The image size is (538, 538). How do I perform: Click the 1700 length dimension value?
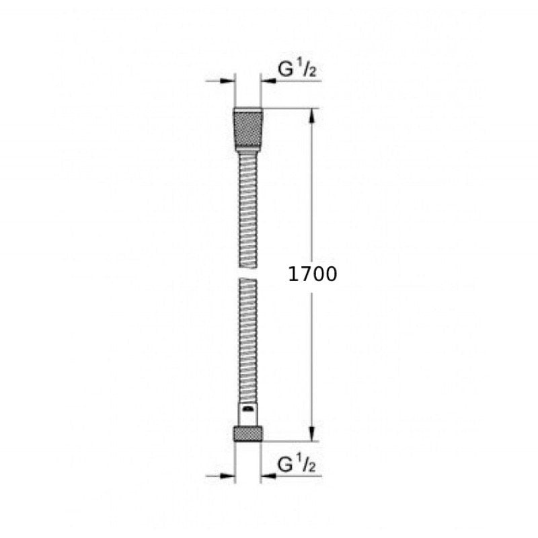(312, 274)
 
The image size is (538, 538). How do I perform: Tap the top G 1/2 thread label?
(298, 69)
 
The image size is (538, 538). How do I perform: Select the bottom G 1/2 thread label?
(298, 463)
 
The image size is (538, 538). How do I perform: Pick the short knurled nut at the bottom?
(248, 433)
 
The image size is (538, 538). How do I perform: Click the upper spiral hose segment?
(248, 208)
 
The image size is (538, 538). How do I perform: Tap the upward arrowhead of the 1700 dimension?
(311, 116)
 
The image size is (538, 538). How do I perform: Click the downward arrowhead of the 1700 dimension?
(311, 434)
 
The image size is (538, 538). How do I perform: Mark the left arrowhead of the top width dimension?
(229, 81)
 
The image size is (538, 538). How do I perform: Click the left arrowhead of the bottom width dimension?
(229, 475)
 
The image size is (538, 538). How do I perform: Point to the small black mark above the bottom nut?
(248, 408)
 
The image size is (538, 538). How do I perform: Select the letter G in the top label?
(285, 69)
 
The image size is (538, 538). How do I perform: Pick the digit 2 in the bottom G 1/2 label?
(313, 466)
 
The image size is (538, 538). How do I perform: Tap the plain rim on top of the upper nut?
(248, 110)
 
